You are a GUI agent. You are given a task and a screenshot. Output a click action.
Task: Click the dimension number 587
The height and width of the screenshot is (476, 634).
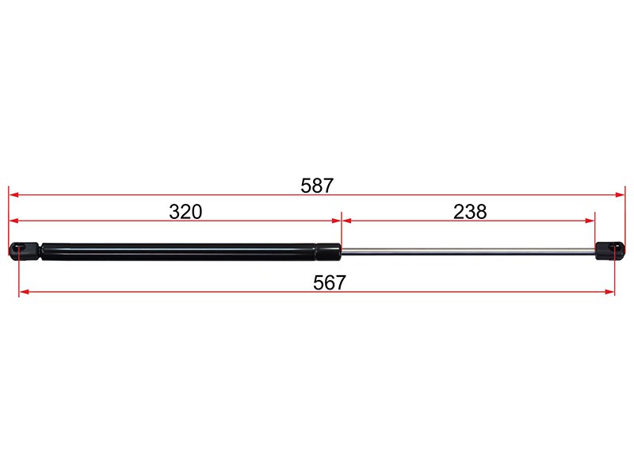pos(317,186)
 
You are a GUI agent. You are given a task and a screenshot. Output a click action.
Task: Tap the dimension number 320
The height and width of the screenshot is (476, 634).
pos(185,212)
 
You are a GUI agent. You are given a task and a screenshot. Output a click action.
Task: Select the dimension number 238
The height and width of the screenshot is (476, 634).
pos(470,212)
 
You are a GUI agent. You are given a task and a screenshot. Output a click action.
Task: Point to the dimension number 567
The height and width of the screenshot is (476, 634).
pos(330,282)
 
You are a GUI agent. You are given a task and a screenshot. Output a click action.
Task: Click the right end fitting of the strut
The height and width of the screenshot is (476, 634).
pos(609,251)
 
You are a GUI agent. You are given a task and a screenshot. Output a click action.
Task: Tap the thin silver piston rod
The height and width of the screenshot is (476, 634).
pos(468,251)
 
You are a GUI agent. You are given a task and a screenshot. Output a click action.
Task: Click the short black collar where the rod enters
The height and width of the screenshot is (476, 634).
pos(328,251)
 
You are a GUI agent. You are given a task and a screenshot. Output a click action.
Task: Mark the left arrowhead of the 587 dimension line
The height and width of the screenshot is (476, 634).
pos(13,194)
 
